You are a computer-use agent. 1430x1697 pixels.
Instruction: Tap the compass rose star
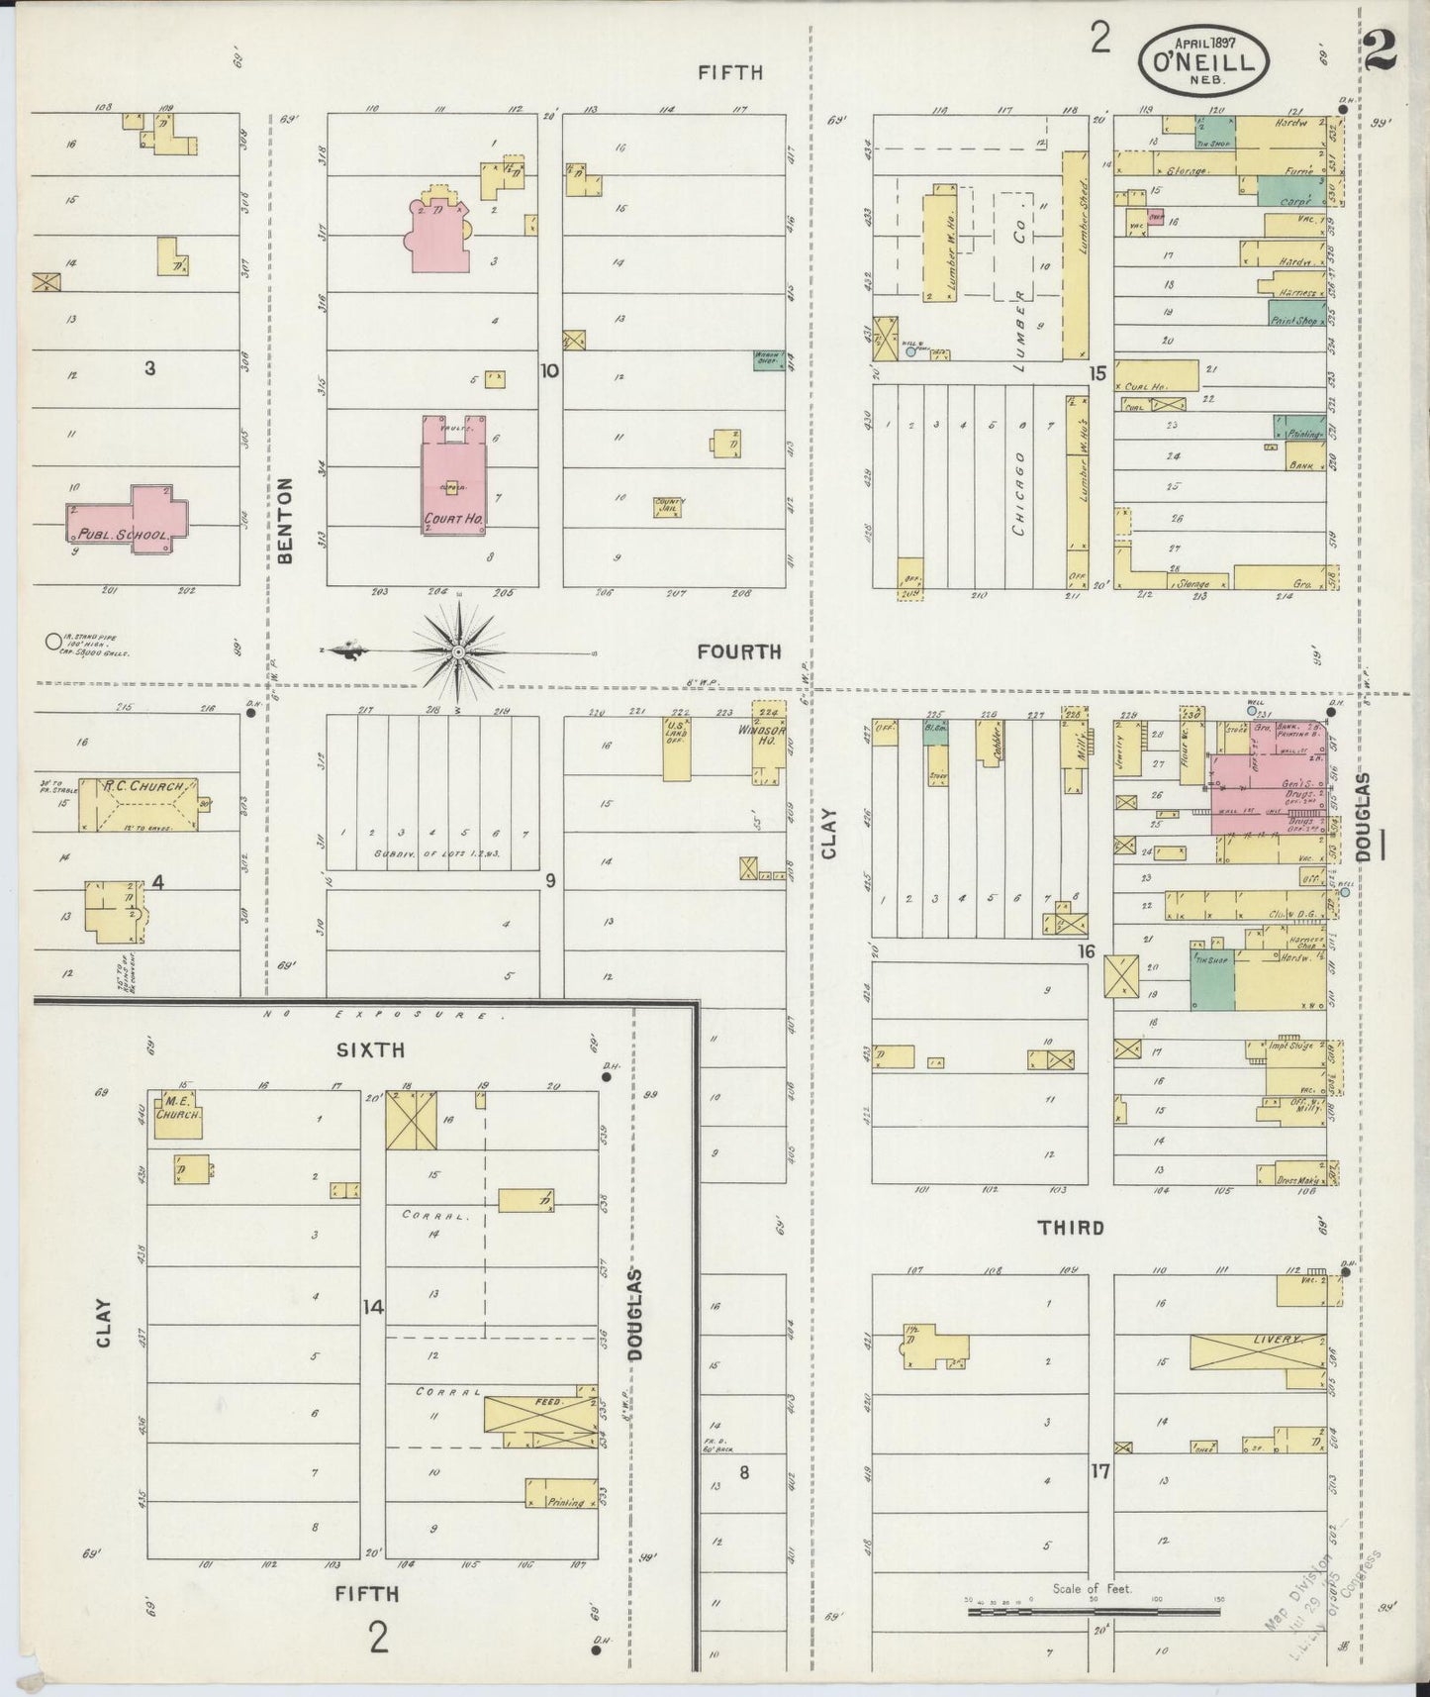[458, 652]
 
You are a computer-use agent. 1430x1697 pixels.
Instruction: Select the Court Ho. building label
[453, 518]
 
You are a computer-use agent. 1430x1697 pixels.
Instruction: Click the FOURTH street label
[738, 651]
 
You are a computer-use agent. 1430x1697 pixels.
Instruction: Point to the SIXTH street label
[368, 1050]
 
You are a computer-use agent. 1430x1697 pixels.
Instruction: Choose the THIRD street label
[1070, 1228]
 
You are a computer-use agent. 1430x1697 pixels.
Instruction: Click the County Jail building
[668, 507]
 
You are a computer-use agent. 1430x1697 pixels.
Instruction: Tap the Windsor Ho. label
[760, 735]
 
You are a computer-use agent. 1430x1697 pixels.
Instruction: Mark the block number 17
[1099, 1471]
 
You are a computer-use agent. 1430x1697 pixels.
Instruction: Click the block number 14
[371, 1307]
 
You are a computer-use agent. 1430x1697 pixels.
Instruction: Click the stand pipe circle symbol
[52, 642]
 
